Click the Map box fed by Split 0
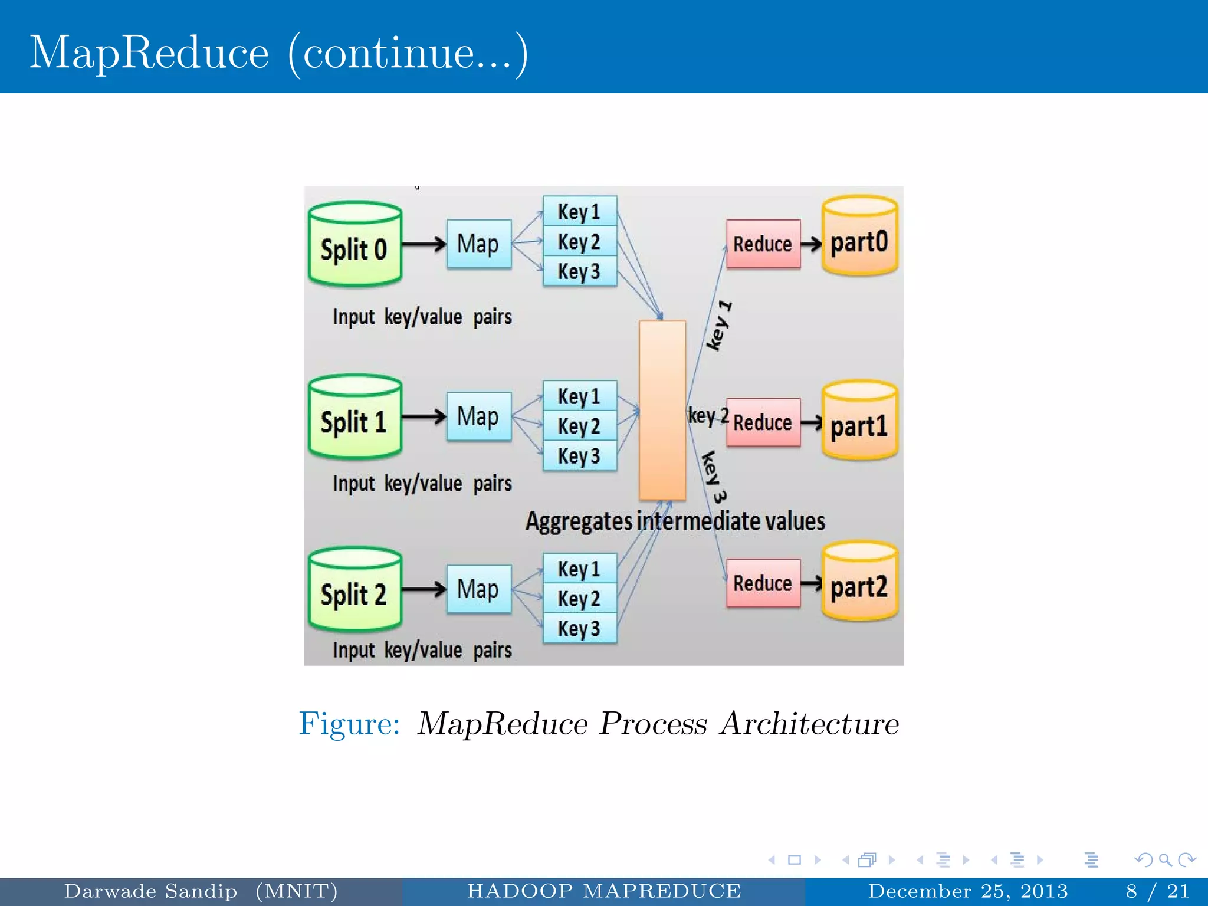tap(479, 244)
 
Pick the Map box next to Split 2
tap(479, 589)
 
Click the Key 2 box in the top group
tap(579, 242)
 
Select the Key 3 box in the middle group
tap(579, 456)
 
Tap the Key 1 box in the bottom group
tap(579, 569)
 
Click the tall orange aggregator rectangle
tap(662, 411)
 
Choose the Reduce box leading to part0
tap(763, 244)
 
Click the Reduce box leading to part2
tap(763, 583)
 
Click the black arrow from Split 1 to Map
tap(424, 417)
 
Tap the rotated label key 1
tap(720, 326)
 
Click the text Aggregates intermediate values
tap(675, 521)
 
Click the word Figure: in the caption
tap(349, 724)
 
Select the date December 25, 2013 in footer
tap(967, 891)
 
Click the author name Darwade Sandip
tap(150, 891)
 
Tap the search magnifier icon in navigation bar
tap(1164, 860)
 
